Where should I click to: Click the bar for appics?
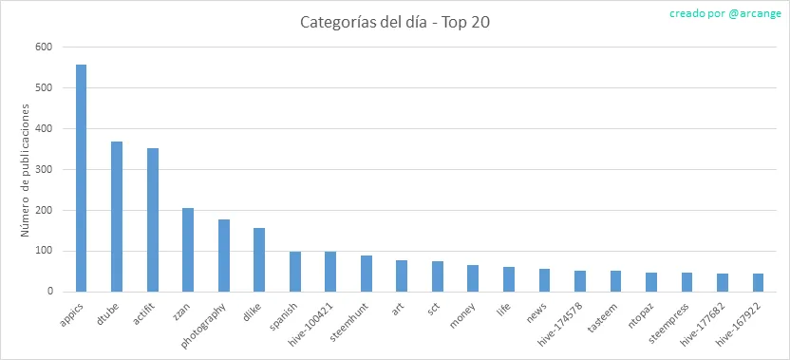(x=81, y=178)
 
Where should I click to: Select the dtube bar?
(x=117, y=217)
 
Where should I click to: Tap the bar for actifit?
(x=153, y=219)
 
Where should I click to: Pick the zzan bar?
(x=188, y=250)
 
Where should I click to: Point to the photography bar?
(x=224, y=256)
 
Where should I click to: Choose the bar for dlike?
(x=259, y=260)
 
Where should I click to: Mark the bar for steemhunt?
(x=367, y=274)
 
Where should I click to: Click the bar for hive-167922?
(x=759, y=283)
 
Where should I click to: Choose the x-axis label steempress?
(x=669, y=323)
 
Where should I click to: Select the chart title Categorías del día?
(x=367, y=23)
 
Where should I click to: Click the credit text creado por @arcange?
(x=725, y=13)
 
